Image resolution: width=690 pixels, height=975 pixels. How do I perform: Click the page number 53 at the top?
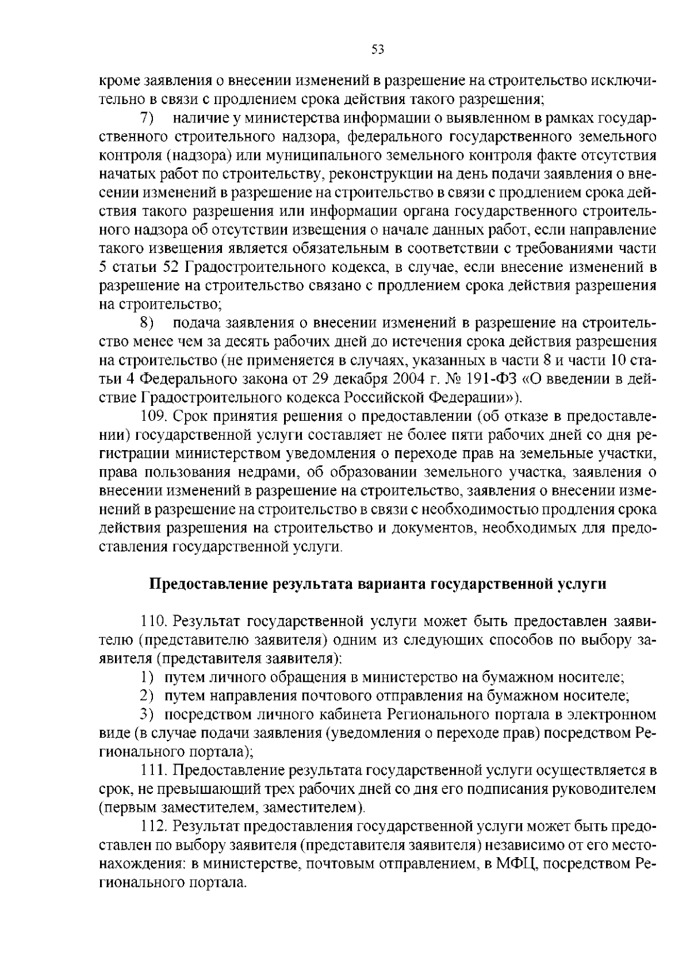(377, 49)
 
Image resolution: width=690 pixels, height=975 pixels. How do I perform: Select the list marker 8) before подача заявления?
(147, 323)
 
